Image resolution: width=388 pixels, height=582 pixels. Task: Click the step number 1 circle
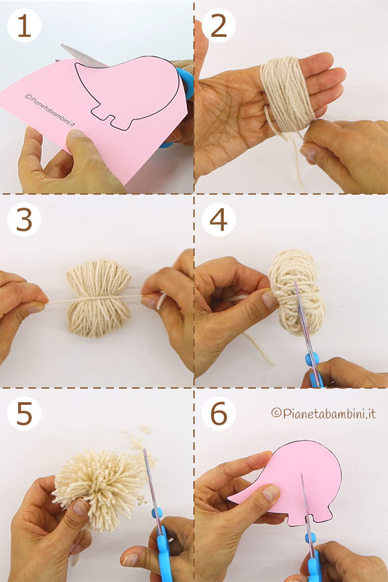click(24, 25)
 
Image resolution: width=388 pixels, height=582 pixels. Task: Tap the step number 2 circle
click(219, 25)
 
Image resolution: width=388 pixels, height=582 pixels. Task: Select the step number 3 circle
click(24, 219)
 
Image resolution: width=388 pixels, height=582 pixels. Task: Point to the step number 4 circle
click(219, 219)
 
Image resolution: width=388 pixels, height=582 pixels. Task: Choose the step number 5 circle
click(24, 413)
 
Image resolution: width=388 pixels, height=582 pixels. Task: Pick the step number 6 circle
click(219, 413)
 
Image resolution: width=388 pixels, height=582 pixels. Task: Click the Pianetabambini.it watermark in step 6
click(323, 413)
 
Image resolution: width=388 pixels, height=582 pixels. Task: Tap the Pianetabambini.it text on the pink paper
click(50, 110)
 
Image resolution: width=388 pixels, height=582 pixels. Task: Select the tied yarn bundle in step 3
click(99, 298)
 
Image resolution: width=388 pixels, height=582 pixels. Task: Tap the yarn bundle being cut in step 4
click(297, 292)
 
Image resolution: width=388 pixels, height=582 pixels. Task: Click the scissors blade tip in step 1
click(62, 45)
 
